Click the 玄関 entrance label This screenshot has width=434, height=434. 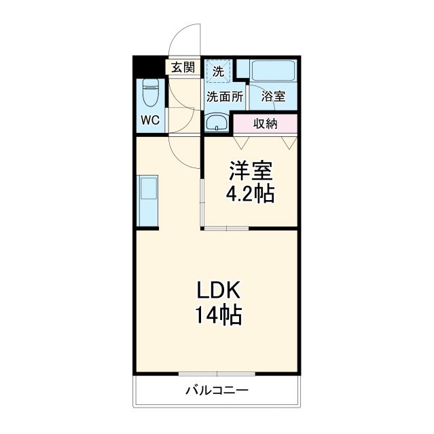coord(182,67)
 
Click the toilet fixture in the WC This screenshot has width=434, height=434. coord(151,94)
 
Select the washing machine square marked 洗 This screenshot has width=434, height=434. coord(218,71)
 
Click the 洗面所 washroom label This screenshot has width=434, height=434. coord(225,96)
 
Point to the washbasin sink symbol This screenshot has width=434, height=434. coord(218,123)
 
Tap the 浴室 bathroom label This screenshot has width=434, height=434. coord(273,96)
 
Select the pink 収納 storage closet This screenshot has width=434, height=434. coord(266,123)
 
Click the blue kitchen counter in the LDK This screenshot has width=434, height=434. coord(148,201)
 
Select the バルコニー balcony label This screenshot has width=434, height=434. coord(217,391)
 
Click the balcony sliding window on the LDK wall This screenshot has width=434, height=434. coord(217,374)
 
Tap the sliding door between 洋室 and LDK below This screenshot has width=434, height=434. coord(226,229)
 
